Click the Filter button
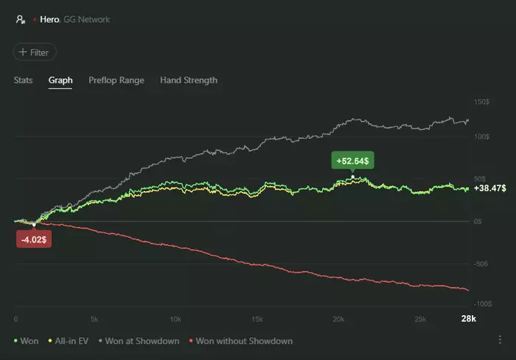coord(35,52)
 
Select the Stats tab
coord(23,80)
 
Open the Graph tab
coord(60,80)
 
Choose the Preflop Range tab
coord(116,80)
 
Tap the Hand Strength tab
coord(188,80)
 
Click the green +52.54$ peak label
coord(353,161)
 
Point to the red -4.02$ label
coord(33,238)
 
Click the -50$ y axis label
coord(482,263)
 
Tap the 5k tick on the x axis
coord(94,319)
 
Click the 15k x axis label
coord(257,319)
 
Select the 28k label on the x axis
coord(469,319)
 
